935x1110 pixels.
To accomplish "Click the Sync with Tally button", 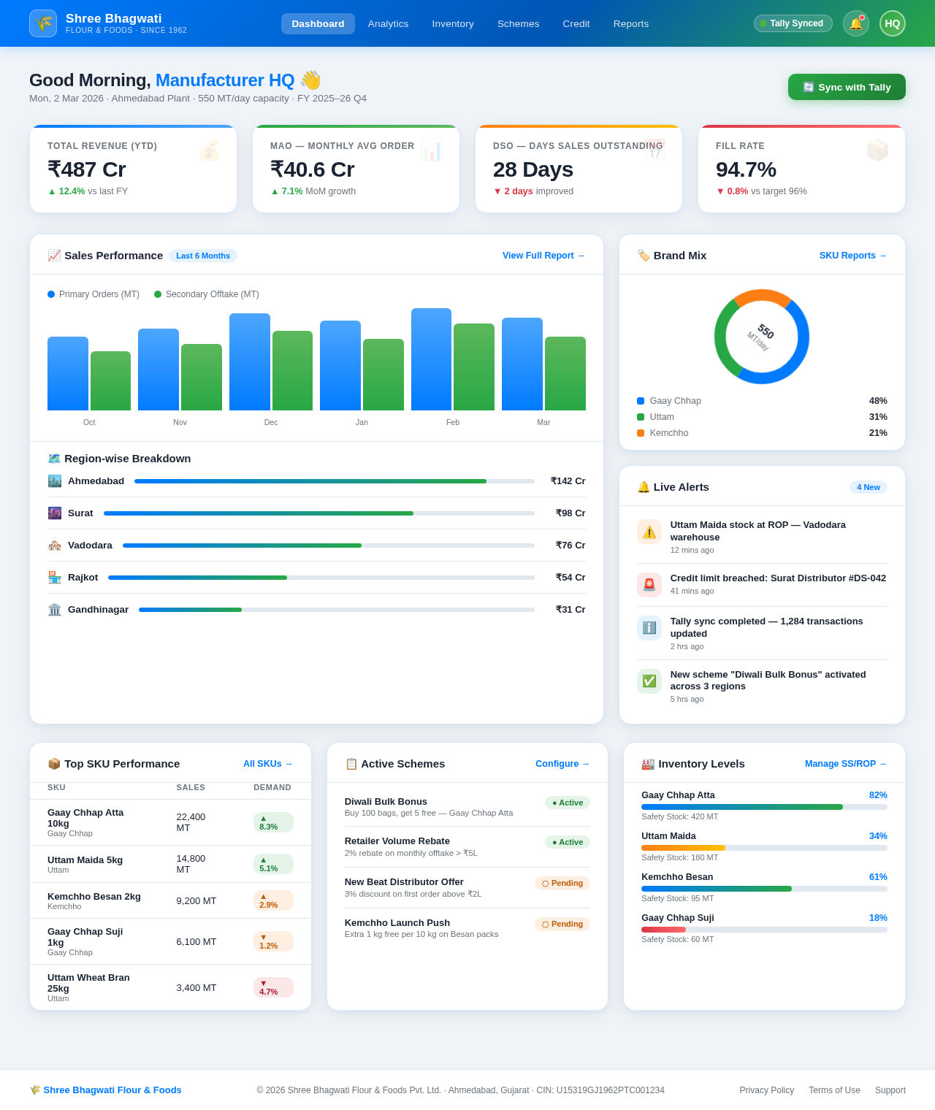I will point(847,87).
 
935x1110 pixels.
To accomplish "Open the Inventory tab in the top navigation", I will point(453,23).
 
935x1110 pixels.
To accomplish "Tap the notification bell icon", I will point(855,23).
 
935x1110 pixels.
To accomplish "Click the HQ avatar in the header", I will point(892,23).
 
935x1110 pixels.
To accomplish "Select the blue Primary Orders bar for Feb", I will point(431,359).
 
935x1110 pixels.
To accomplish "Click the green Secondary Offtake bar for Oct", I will point(110,381).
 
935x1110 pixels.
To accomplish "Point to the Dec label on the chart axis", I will point(271,422).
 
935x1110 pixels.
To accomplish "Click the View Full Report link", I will point(543,256).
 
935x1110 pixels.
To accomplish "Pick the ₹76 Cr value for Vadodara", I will point(570,546).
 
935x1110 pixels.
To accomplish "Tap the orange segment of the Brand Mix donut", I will point(762,296).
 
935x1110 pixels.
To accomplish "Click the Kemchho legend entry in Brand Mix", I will point(668,433).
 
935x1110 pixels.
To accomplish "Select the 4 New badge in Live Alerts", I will point(868,487).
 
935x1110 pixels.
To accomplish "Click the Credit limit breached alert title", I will point(778,578).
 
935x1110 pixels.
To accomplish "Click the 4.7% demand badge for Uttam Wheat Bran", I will point(273,987).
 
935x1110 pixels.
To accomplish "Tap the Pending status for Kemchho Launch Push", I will point(562,924).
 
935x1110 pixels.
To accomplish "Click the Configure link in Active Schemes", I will point(562,764).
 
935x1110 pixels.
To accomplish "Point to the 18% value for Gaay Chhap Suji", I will point(878,918).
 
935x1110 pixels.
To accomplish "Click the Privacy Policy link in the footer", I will point(766,1090).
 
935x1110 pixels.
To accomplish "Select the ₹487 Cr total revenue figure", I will point(87,169).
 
